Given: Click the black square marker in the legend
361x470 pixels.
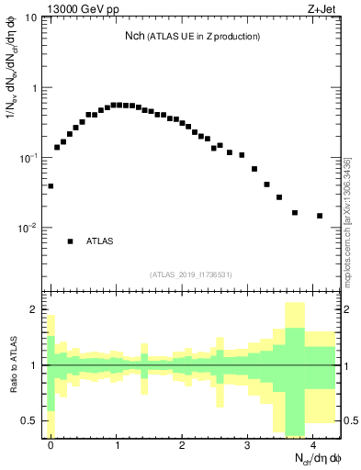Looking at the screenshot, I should click(x=70, y=241).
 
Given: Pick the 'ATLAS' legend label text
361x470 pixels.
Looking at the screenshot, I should click(x=100, y=241).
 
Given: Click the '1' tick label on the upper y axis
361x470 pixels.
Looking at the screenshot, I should click(x=34, y=88).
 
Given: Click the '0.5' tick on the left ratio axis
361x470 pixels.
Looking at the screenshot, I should click(x=29, y=420).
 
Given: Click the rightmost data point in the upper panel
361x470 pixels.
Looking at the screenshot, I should click(x=320, y=216).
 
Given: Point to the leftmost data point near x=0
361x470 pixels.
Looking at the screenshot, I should click(x=51, y=185).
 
